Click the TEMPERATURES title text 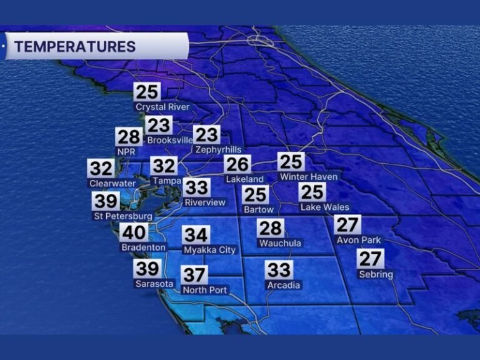click(x=75, y=46)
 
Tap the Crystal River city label click(x=162, y=107)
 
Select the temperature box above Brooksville click(x=159, y=125)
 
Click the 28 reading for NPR click(x=128, y=137)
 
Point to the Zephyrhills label click(x=217, y=149)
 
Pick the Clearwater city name click(x=113, y=183)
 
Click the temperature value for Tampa click(x=164, y=166)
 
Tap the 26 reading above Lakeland click(x=237, y=164)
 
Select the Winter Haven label click(x=309, y=177)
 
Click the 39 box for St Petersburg click(x=106, y=201)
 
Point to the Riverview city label click(x=205, y=202)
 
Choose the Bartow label click(x=258, y=209)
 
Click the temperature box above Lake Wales click(x=312, y=192)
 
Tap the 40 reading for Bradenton click(x=134, y=232)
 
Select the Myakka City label click(x=209, y=250)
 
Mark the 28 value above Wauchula click(x=271, y=228)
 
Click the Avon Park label click(x=359, y=240)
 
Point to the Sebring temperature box click(x=370, y=257)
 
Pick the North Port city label click(x=204, y=290)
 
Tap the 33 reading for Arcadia click(x=279, y=270)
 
